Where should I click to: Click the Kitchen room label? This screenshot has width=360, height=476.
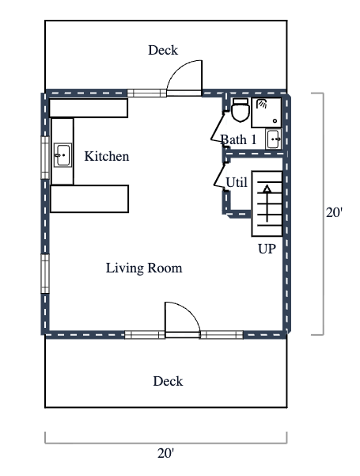click(x=107, y=157)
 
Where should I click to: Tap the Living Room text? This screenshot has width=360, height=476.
click(x=144, y=268)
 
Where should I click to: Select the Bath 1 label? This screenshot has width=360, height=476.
click(x=237, y=139)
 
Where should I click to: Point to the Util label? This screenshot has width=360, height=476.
click(x=236, y=182)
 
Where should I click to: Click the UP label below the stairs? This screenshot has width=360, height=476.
click(x=267, y=249)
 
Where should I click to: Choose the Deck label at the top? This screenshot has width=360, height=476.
click(x=163, y=51)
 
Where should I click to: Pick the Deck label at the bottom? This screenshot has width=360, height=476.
click(x=168, y=382)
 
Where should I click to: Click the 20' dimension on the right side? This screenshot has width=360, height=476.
click(x=334, y=213)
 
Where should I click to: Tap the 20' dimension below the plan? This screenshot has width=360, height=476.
click(x=165, y=453)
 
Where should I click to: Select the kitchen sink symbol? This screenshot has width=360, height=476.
click(x=62, y=155)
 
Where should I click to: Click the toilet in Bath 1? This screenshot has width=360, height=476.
click(x=241, y=110)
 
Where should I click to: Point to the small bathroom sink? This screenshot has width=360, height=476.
click(x=274, y=139)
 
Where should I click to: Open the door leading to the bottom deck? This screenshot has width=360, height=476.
click(x=180, y=318)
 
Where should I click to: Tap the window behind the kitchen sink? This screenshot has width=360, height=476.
click(x=45, y=154)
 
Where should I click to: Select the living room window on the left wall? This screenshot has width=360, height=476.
click(x=45, y=274)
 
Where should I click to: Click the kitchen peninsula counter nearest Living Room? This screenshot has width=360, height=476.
click(x=89, y=199)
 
